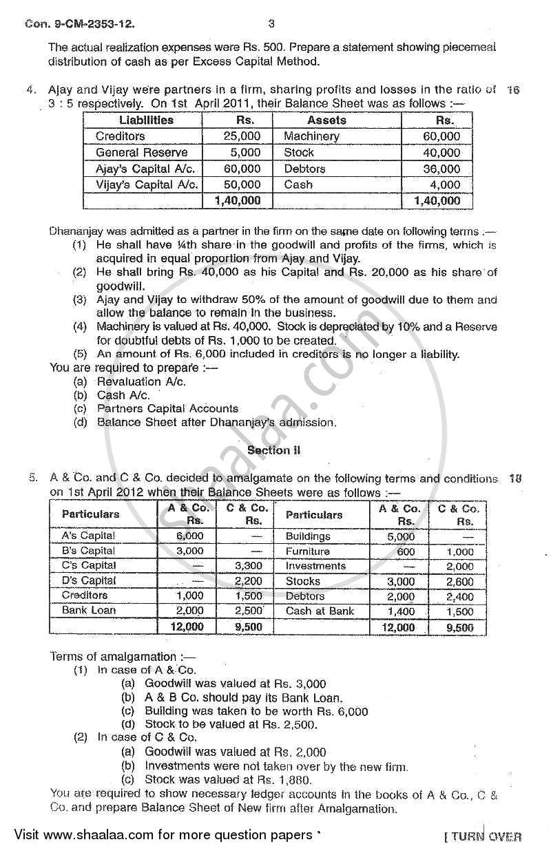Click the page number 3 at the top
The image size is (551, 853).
pyautogui.click(x=271, y=24)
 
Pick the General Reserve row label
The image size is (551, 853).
pyautogui.click(x=141, y=153)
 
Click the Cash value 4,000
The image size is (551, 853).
pyautogui.click(x=446, y=185)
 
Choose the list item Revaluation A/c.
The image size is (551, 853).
pyautogui.click(x=141, y=381)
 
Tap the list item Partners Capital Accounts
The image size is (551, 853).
pyautogui.click(x=167, y=409)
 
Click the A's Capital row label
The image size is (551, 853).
pyautogui.click(x=88, y=536)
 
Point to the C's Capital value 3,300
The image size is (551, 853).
pyautogui.click(x=249, y=566)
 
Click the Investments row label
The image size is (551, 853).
pyautogui.click(x=315, y=566)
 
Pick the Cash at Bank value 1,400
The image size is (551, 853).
pyautogui.click(x=401, y=611)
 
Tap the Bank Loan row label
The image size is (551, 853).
pyautogui.click(x=89, y=610)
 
